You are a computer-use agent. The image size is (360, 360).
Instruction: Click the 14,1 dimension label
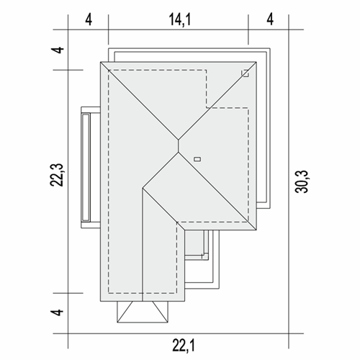point(180,19)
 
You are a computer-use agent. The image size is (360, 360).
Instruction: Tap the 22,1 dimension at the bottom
point(184,346)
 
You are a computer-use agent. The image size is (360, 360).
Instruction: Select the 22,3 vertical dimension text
point(57,175)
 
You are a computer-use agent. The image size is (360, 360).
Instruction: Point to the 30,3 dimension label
point(301,181)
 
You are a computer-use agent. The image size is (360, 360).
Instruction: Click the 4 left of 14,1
point(89,19)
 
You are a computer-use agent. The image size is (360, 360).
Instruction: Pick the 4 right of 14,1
point(270,19)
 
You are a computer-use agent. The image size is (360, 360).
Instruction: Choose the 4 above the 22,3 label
point(58,50)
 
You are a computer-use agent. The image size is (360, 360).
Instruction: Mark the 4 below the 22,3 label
point(58,312)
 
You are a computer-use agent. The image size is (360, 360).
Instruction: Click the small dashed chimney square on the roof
point(245,73)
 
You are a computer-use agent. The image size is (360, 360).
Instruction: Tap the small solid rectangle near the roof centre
point(197,159)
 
